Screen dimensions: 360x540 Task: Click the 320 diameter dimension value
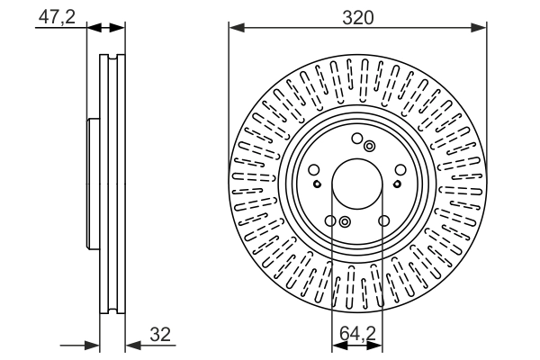click(358, 15)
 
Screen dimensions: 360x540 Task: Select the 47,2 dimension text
click(58, 15)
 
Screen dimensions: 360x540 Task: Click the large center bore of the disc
click(357, 185)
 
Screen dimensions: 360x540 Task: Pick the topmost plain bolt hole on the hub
click(357, 139)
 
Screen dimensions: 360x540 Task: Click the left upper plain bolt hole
click(313, 170)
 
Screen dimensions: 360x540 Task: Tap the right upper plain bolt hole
click(401, 170)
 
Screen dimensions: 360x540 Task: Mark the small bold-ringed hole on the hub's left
click(317, 183)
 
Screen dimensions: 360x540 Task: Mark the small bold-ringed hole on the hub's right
click(397, 183)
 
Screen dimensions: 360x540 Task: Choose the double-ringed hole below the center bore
click(345, 222)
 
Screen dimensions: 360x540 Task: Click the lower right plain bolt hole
click(384, 221)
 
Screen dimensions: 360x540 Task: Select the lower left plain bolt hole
click(330, 221)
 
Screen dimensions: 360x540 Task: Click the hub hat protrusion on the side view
click(90, 185)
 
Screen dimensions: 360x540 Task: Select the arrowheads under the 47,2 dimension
click(106, 27)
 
